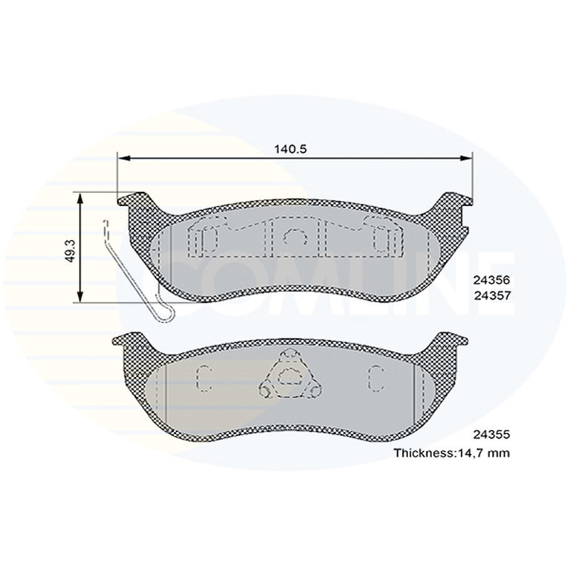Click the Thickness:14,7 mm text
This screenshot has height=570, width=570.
click(451, 452)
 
